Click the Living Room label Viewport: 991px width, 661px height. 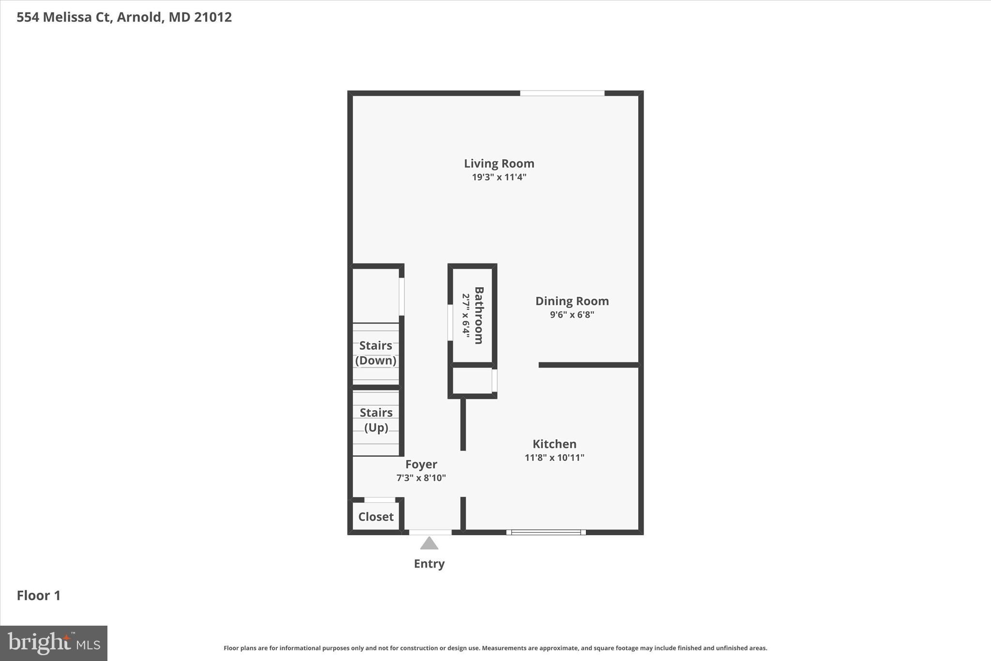pyautogui.click(x=499, y=164)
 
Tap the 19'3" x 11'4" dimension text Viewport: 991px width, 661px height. pyautogui.click(x=499, y=177)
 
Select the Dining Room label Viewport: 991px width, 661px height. pyautogui.click(x=572, y=301)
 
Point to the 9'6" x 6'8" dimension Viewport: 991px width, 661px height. pyautogui.click(x=572, y=315)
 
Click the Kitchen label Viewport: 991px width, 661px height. pyautogui.click(x=555, y=444)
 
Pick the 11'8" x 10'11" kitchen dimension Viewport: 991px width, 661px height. pyautogui.click(x=555, y=458)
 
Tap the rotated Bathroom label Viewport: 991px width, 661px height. pyautogui.click(x=479, y=315)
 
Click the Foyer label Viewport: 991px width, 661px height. pyautogui.click(x=421, y=464)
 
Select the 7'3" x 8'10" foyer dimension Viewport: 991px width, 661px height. pyautogui.click(x=421, y=478)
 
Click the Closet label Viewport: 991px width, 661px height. pyautogui.click(x=376, y=517)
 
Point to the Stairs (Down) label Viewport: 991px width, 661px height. pyautogui.click(x=376, y=353)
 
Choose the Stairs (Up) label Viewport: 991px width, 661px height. pyautogui.click(x=376, y=420)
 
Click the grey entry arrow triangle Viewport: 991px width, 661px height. pyautogui.click(x=429, y=543)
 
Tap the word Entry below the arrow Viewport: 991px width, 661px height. pyautogui.click(x=429, y=564)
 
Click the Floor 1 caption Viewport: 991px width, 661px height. pyautogui.click(x=39, y=596)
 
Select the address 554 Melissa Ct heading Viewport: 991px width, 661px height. pyautogui.click(x=124, y=17)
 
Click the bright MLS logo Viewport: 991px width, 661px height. pyautogui.click(x=54, y=643)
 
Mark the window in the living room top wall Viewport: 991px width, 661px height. pyautogui.click(x=562, y=93)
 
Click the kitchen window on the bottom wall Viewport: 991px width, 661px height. pyautogui.click(x=546, y=532)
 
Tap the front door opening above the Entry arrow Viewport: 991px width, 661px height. pyautogui.click(x=430, y=532)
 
